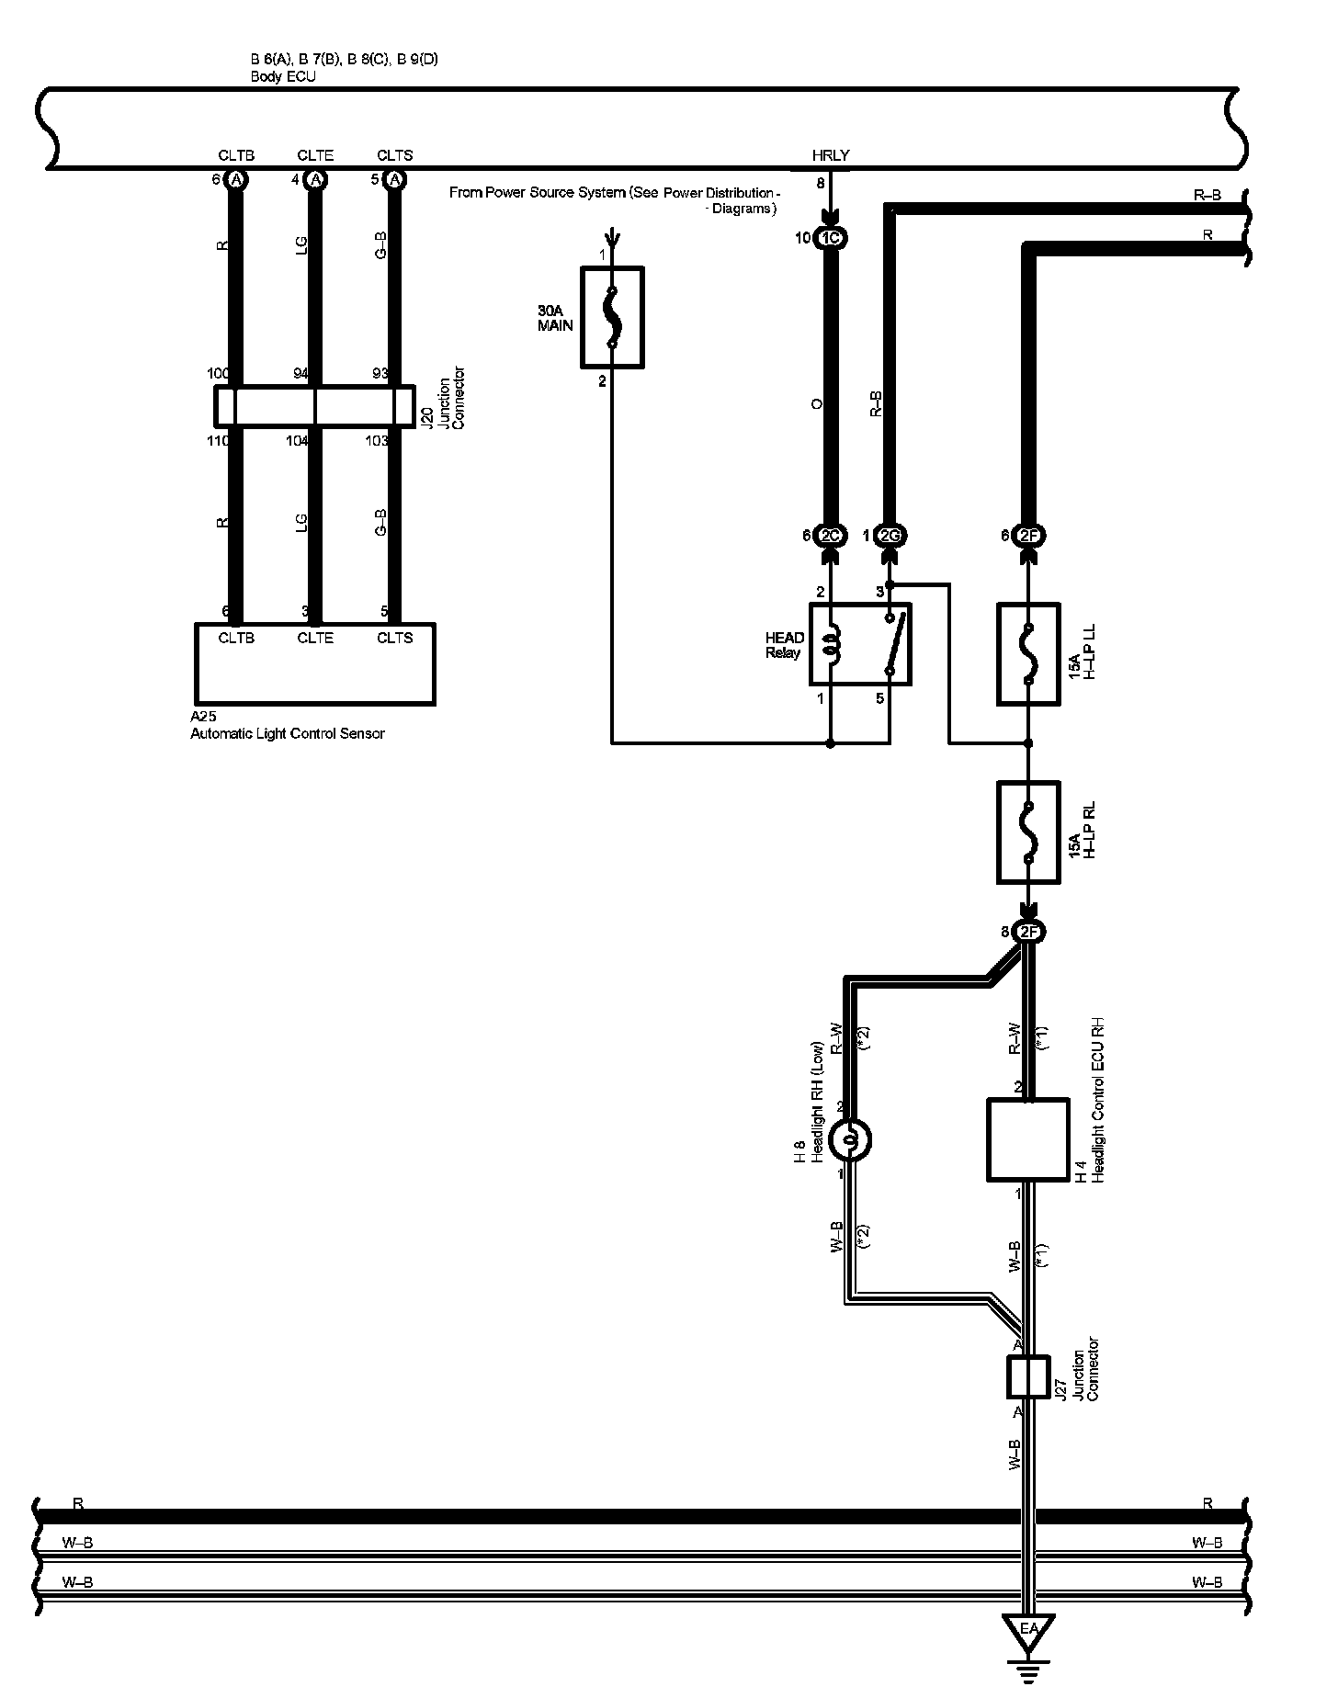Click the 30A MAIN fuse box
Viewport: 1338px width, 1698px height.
coord(612,317)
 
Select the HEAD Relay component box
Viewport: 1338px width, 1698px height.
coord(860,643)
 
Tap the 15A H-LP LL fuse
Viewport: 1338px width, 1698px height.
coord(1028,653)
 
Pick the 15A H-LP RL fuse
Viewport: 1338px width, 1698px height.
coord(1028,832)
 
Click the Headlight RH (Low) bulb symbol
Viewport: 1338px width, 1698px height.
coord(849,1140)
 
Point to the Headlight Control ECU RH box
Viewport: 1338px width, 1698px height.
coord(1027,1139)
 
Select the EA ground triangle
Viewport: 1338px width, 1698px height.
coord(1028,1629)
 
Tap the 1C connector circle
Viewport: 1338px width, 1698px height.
coord(831,238)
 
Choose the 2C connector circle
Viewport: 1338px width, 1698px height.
coord(831,536)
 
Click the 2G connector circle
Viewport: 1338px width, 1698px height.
coord(890,536)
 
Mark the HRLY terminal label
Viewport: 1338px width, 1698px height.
coord(831,156)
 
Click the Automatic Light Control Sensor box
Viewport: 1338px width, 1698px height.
coord(314,663)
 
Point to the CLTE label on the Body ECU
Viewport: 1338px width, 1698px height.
coord(315,156)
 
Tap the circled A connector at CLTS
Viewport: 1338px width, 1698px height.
coord(395,180)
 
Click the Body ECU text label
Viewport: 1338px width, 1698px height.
coord(283,77)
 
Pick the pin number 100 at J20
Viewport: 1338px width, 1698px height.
coord(219,374)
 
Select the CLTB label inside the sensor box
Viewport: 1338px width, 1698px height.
coord(236,638)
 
